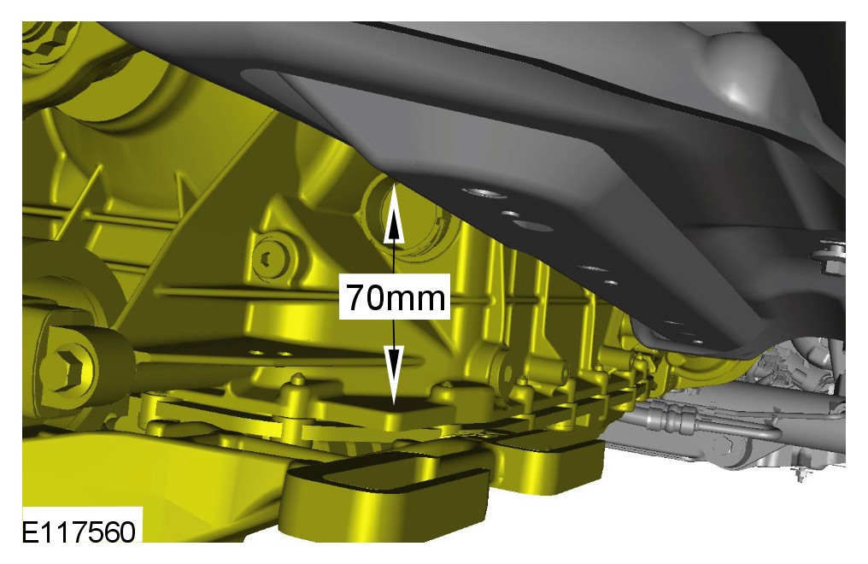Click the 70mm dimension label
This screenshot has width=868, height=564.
click(396, 297)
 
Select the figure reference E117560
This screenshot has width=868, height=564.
click(79, 532)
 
